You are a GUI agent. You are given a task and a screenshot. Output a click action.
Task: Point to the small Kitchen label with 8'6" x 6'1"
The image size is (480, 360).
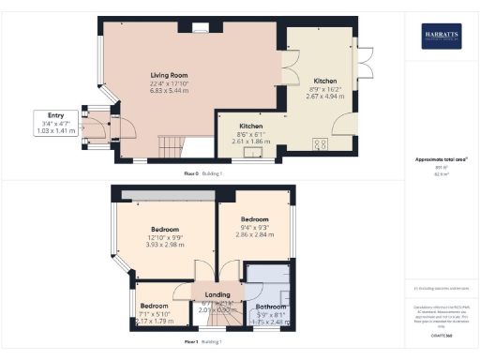point(250,126)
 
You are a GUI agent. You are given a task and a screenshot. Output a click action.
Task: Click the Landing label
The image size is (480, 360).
point(217,293)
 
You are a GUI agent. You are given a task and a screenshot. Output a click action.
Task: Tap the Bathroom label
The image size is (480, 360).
point(271,307)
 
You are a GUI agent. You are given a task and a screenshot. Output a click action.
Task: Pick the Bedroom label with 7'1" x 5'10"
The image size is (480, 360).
point(154,307)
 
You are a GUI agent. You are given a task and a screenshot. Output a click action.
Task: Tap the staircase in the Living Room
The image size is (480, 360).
point(171,145)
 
